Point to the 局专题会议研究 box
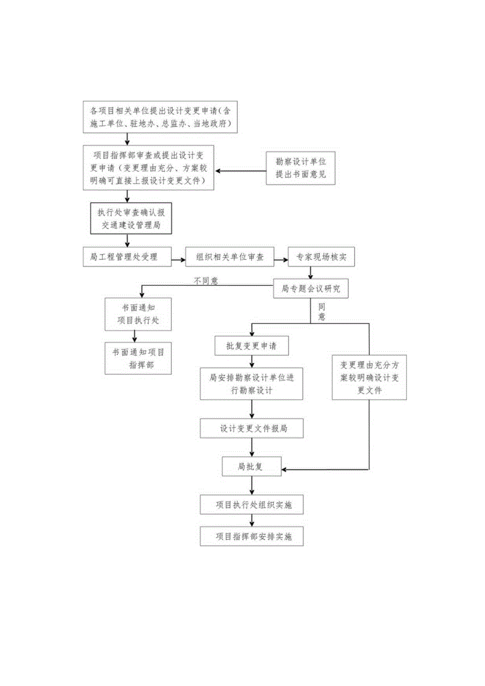[x=311, y=289]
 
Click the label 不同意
[x=206, y=281]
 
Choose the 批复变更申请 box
[x=252, y=346]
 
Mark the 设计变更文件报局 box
[x=252, y=428]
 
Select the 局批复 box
[x=251, y=467]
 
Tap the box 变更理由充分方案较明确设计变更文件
[x=369, y=378]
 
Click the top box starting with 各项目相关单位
[x=161, y=117]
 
